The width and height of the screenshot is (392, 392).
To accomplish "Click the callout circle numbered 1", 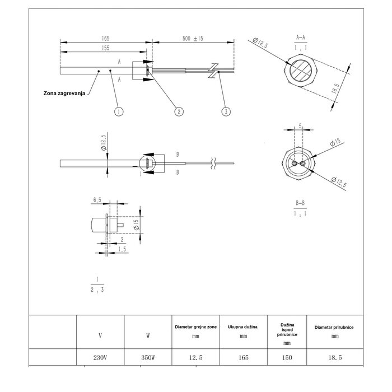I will coord(118,111).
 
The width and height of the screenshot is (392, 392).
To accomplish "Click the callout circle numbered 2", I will coord(179,111).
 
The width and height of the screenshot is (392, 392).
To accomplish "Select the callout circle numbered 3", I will coord(226,111).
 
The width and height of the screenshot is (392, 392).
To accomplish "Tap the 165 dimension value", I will coord(105,38).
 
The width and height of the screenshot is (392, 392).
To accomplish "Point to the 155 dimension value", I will coord(105,49).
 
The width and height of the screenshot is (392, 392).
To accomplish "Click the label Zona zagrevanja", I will coord(64,93).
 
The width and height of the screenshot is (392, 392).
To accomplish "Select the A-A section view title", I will coord(301,38).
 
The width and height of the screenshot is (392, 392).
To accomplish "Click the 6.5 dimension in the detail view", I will coord(97,199).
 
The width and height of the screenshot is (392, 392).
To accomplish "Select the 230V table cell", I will coord(100,357).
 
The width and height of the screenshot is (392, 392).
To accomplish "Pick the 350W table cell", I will coord(148,357).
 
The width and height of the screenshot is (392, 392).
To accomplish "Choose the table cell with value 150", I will coord(287,357).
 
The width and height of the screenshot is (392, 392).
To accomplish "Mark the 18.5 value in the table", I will coord(334,357).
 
